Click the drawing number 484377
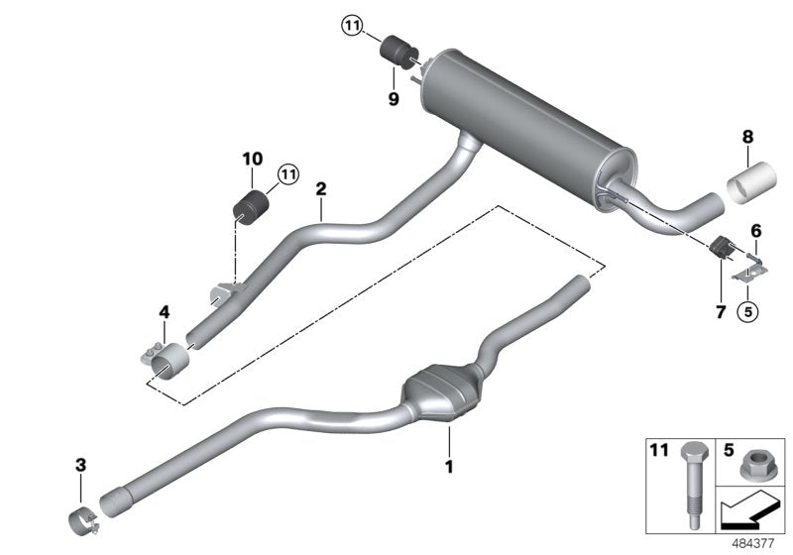point(755,543)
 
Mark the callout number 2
point(320,188)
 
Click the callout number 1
point(448,465)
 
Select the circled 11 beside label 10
point(287,174)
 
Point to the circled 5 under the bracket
point(748,312)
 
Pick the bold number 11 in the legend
point(659,450)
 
